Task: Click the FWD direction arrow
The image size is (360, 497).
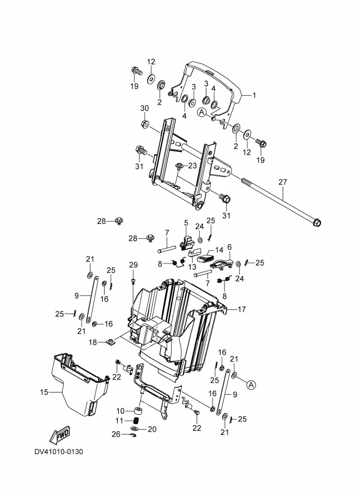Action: click(x=59, y=435)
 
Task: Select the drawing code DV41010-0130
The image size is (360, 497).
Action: click(x=59, y=451)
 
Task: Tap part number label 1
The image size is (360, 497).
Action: click(x=254, y=95)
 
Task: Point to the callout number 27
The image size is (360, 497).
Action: click(x=283, y=182)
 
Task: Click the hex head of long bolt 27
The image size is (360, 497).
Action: click(x=316, y=223)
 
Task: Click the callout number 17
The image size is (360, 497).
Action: click(x=241, y=309)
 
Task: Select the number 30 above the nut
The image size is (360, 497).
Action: click(x=144, y=108)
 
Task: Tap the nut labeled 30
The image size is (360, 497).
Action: click(x=145, y=124)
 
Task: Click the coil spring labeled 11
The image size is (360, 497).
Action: click(x=136, y=421)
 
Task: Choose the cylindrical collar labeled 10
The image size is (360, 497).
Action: click(x=137, y=411)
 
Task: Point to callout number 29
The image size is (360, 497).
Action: click(x=133, y=265)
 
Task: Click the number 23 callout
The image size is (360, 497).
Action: click(x=193, y=165)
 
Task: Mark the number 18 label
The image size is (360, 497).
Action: click(x=93, y=342)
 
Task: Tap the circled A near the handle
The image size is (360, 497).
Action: click(x=202, y=112)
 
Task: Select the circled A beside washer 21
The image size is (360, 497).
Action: click(x=251, y=385)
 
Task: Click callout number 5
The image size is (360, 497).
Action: click(x=186, y=223)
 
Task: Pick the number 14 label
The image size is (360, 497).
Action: click(x=219, y=250)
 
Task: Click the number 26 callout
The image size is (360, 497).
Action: click(x=116, y=434)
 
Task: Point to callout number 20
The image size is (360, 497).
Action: click(x=152, y=429)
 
